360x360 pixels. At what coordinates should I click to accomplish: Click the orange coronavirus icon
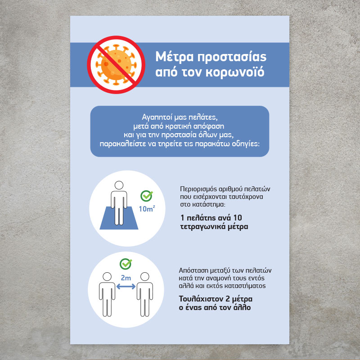(116, 65)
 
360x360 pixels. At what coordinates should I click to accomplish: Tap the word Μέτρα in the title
(175, 57)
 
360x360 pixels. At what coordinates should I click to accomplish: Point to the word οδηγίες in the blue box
(245, 144)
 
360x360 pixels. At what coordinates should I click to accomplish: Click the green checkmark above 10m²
(147, 196)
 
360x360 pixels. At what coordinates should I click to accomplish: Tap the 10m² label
(147, 209)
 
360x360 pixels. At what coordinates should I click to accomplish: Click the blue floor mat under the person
(119, 218)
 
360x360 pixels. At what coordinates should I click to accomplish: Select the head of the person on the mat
(119, 185)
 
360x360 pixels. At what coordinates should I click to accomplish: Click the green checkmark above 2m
(126, 264)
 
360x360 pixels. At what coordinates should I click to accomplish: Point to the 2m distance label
(126, 278)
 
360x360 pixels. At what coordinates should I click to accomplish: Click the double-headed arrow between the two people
(126, 286)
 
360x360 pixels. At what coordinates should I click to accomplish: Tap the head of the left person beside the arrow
(107, 277)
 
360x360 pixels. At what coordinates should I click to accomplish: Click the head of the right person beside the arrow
(144, 277)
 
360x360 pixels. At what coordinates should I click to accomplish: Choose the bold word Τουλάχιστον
(201, 299)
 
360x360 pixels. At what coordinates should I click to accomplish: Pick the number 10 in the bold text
(238, 218)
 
